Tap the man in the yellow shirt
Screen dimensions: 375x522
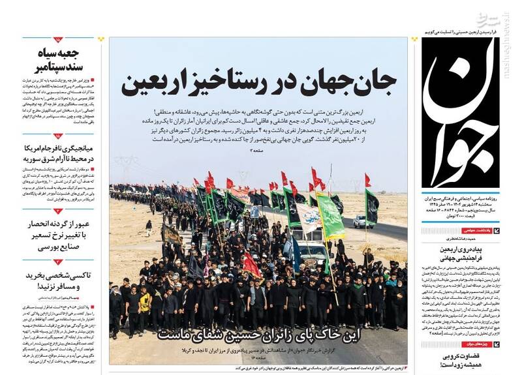coord(145,301)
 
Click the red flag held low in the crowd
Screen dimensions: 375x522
coord(252,265)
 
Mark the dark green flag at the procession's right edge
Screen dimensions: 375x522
coord(371,205)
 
